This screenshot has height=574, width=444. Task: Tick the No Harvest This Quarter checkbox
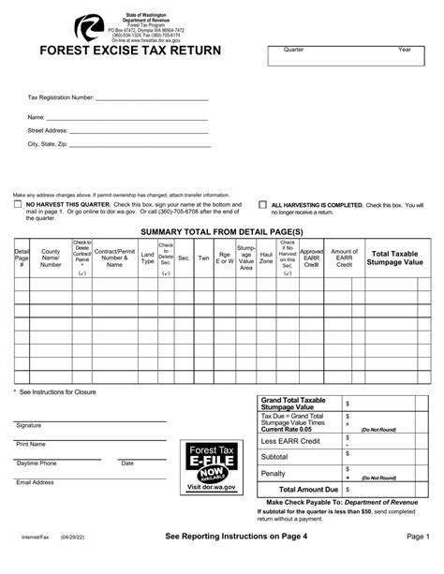[18, 203]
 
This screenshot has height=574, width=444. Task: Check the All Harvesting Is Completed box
[263, 203]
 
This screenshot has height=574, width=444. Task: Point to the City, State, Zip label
[48, 145]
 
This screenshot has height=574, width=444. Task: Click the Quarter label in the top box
[294, 48]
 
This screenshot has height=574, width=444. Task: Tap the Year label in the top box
[405, 48]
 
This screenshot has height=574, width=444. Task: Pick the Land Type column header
[147, 258]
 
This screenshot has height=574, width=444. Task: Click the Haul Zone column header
[266, 258]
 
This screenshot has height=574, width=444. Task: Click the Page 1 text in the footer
[419, 562]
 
